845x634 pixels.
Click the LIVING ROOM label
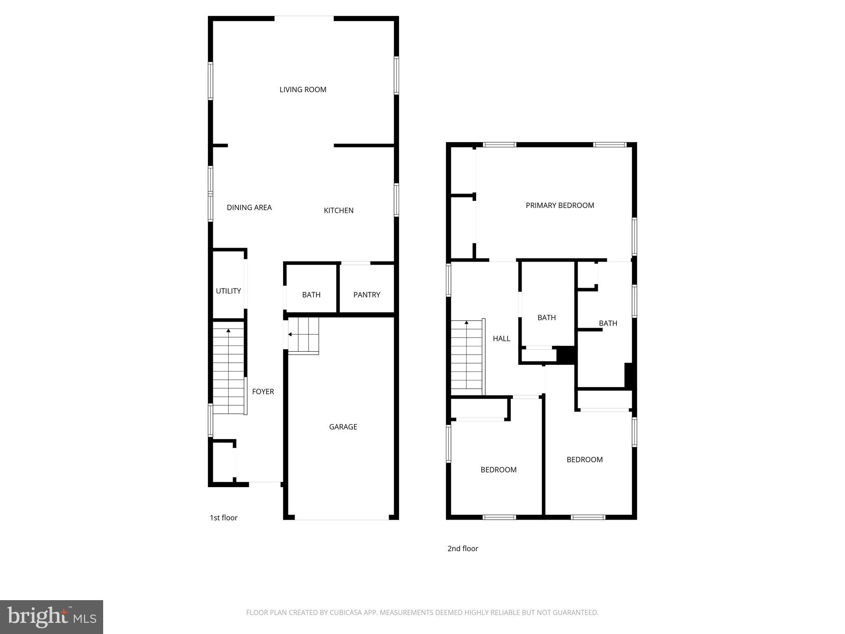303,90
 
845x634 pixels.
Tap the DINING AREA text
249,208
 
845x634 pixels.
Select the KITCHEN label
338,211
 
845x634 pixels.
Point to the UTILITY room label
228,291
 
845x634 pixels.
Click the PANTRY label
366,295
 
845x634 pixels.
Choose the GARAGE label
343,427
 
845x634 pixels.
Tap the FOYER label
263,392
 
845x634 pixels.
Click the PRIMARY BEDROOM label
559,206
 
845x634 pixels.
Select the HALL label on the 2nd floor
501,338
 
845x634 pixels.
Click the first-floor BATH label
311,295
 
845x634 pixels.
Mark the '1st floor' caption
224,518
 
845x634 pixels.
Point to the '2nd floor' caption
463,549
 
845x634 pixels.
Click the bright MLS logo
52,617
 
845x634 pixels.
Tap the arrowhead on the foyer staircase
228,331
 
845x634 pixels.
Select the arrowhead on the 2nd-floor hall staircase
466,322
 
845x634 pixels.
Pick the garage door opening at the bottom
342,519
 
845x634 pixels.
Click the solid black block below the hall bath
566,355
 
